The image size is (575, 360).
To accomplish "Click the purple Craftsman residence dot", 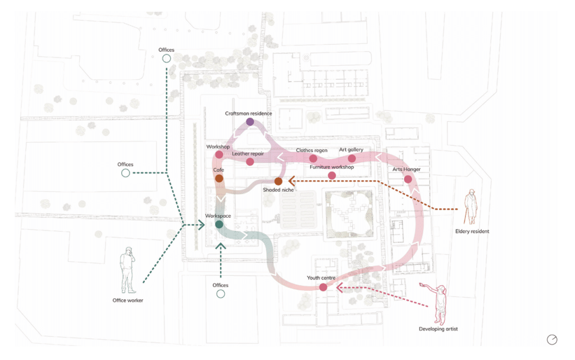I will (x=250, y=122).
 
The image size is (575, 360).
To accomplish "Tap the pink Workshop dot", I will (x=219, y=154).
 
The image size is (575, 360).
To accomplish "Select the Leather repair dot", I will (x=250, y=162).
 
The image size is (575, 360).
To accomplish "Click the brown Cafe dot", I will (x=219, y=179).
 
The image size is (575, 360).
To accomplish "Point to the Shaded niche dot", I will (x=278, y=181).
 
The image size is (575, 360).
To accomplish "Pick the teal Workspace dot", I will (x=219, y=224).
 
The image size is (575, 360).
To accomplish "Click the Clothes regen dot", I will (x=313, y=159).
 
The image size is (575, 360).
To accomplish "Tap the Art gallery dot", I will (x=352, y=159).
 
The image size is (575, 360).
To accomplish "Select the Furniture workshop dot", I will (x=332, y=176).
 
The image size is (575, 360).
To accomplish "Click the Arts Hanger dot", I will (x=408, y=179).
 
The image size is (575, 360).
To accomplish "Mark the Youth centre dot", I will (x=323, y=288).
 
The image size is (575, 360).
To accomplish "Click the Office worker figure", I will (x=129, y=270).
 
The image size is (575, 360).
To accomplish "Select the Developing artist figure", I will (x=440, y=303).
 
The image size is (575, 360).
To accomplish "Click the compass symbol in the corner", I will (x=553, y=339).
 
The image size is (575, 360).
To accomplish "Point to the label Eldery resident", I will (x=472, y=231).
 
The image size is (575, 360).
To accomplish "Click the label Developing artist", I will (x=439, y=329).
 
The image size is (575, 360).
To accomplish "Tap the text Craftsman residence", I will (x=248, y=113).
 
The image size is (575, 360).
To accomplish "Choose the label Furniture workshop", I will (x=332, y=167).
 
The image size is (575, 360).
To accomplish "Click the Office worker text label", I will (x=128, y=300).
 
